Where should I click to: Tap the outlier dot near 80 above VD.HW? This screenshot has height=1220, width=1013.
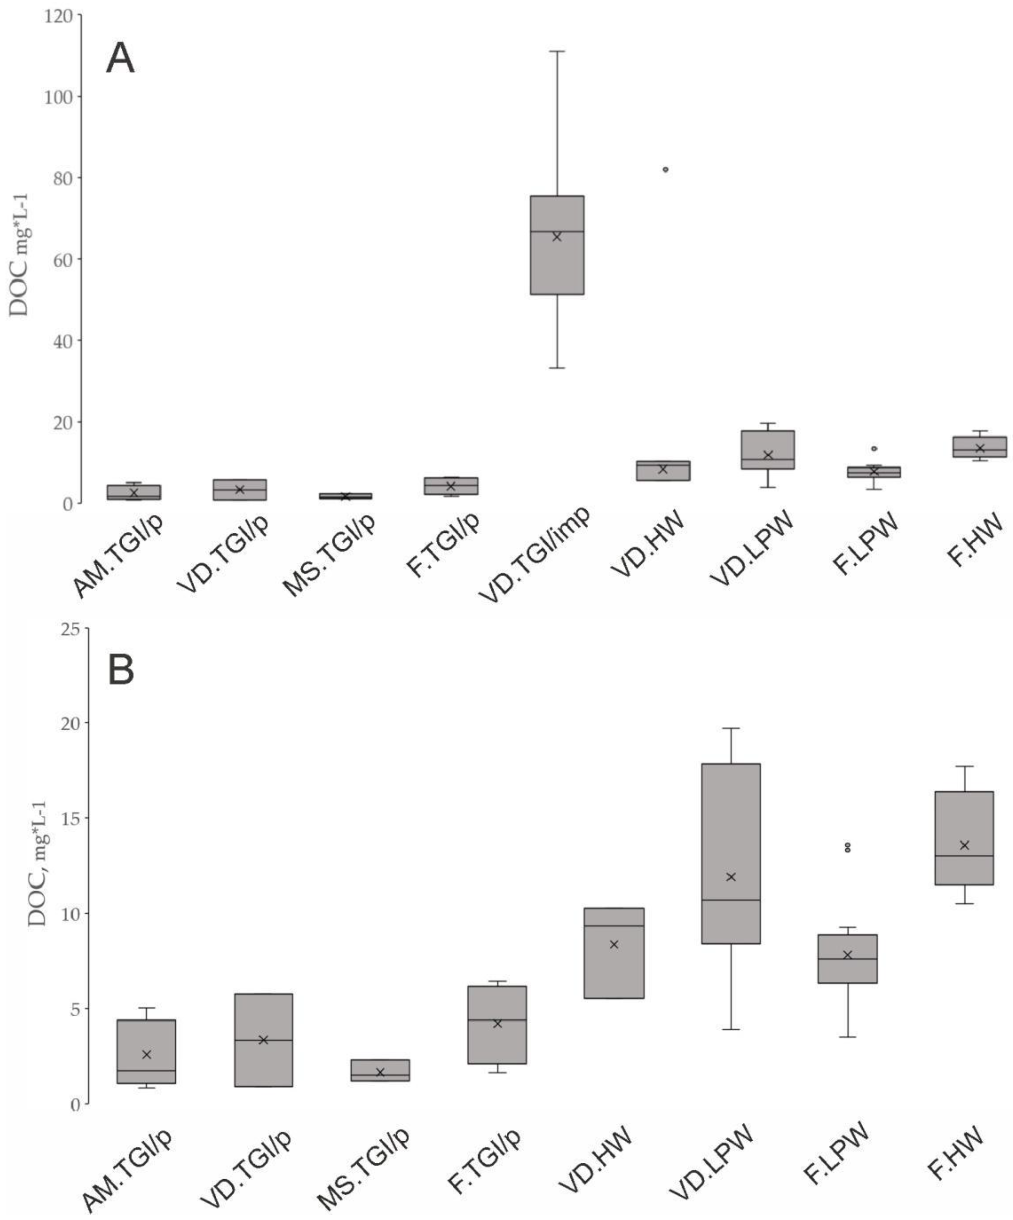coord(665,170)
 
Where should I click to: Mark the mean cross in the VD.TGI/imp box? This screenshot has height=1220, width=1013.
coord(557,236)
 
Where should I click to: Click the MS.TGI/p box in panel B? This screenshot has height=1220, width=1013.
coord(380,1069)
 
